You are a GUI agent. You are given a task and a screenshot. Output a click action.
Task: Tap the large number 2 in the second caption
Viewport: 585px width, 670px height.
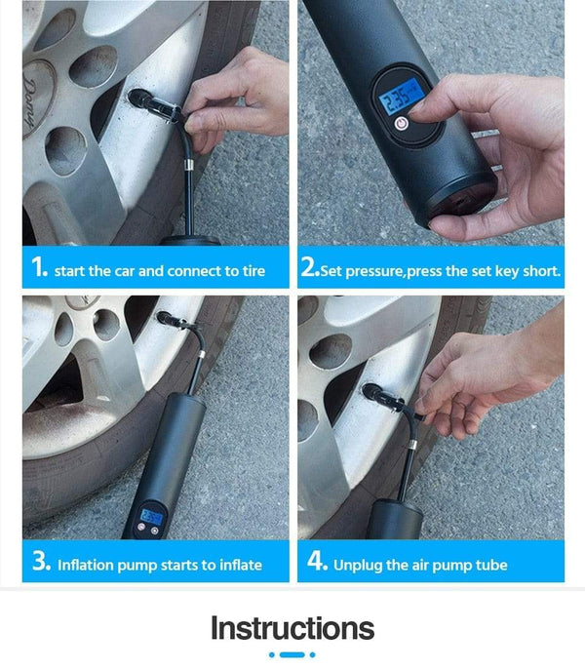tap(310, 268)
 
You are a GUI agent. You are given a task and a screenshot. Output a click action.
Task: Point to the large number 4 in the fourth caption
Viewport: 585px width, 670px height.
tap(315, 563)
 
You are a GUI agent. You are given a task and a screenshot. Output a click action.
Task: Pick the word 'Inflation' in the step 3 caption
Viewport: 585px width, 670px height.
tap(88, 566)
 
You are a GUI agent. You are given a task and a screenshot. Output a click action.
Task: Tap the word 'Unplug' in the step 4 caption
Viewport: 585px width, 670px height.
tap(358, 566)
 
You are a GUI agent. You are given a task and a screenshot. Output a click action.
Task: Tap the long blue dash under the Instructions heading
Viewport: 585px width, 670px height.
tap(292, 654)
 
